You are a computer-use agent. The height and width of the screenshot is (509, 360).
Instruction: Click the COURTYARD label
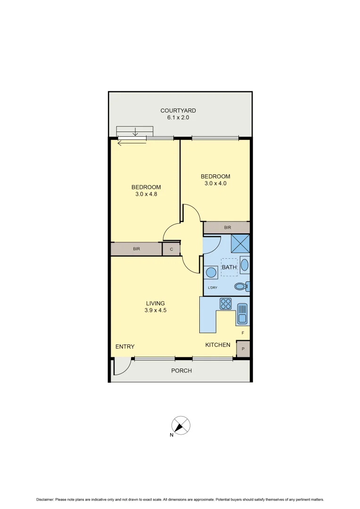(178, 111)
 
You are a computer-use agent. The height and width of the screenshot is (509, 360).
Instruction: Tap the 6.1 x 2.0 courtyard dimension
(178, 118)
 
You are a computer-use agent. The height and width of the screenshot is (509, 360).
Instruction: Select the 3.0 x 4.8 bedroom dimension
(146, 194)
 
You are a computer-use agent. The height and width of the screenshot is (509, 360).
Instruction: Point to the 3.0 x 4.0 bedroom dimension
(216, 183)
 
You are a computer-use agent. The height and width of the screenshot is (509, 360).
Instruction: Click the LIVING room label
(155, 303)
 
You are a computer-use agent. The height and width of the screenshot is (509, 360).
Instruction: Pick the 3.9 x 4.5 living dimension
(155, 310)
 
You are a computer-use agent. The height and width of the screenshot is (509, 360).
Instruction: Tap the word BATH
(229, 267)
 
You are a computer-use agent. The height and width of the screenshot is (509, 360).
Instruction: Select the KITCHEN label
(218, 345)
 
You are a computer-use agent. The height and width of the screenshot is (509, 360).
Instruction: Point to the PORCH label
(181, 370)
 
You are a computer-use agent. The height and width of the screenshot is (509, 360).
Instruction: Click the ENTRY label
(125, 347)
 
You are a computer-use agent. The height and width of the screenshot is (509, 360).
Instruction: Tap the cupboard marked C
(172, 249)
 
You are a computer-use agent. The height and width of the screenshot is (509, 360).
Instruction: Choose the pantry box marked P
(243, 349)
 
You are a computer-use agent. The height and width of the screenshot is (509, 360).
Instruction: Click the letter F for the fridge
(243, 333)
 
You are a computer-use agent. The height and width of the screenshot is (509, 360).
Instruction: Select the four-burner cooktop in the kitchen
(226, 304)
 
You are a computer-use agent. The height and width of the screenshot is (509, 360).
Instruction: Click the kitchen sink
(242, 313)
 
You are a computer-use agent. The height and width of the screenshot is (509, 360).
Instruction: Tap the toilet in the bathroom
(241, 286)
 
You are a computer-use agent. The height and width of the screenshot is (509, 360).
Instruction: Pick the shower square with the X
(240, 243)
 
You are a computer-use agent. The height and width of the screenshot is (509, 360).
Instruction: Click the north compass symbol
(181, 425)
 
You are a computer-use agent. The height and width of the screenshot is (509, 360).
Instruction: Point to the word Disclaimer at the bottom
(45, 500)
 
